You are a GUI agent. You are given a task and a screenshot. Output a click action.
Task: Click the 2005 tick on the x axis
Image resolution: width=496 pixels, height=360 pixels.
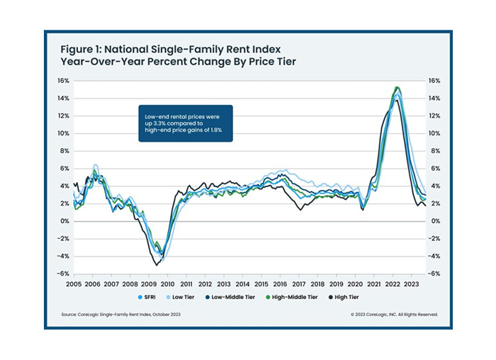(74, 283)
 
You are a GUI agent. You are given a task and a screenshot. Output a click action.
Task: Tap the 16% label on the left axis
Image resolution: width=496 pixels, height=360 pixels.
(62, 81)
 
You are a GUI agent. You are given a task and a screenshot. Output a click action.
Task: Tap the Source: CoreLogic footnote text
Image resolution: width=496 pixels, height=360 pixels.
(119, 314)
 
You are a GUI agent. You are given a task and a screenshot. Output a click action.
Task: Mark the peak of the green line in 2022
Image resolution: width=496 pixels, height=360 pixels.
(397, 87)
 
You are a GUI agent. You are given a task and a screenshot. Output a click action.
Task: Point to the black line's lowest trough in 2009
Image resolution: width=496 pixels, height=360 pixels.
(156, 264)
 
